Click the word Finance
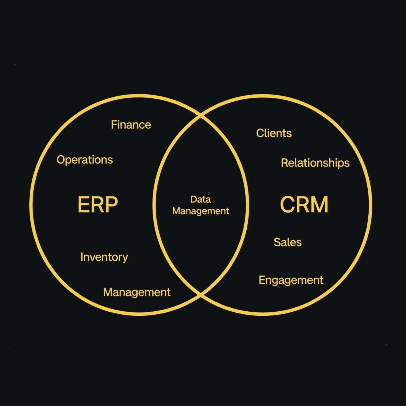point(131,125)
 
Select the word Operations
point(85,160)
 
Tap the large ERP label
point(97,204)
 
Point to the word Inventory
point(104,257)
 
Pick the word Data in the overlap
point(201,199)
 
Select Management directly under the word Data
point(201,211)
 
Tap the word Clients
point(274,133)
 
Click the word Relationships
point(315,163)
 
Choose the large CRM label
point(304,204)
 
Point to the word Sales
point(288,242)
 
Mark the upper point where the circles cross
point(201,116)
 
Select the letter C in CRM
point(288,204)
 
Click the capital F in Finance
point(114,125)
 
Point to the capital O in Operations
point(60,160)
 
